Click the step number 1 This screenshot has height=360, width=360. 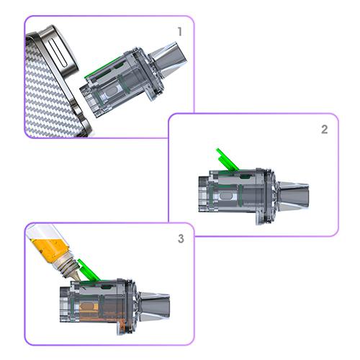tap(180, 32)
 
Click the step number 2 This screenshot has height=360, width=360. tap(325, 130)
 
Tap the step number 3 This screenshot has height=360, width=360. tap(181, 238)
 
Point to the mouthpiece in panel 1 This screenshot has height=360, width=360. tap(168, 60)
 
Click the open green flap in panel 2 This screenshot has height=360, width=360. tap(227, 159)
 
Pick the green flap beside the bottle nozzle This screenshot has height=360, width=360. tap(89, 270)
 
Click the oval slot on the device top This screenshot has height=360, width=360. tap(58, 53)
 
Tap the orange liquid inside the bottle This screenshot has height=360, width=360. tap(50, 248)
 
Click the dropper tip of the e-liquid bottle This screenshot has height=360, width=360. tap(76, 275)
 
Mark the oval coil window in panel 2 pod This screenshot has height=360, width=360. tap(226, 196)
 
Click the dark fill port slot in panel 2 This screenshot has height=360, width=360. tap(245, 177)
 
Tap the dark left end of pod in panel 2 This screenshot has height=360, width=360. tap(203, 194)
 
